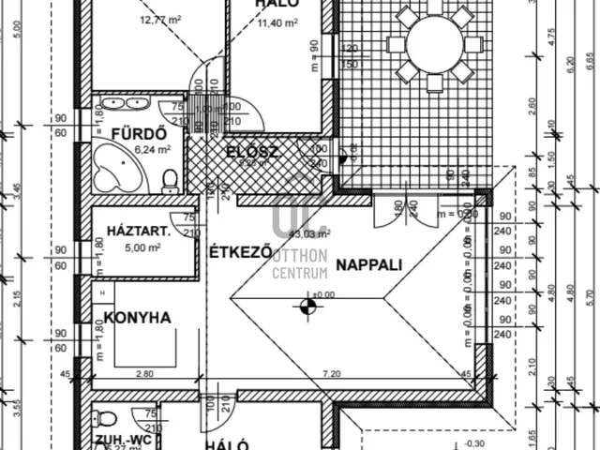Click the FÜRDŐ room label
(x=126, y=132)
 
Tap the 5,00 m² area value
(x=141, y=247)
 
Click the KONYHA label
(x=137, y=318)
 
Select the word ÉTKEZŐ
(x=240, y=252)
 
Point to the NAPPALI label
(x=369, y=264)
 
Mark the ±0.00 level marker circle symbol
(x=305, y=305)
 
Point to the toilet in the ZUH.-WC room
(x=107, y=419)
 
